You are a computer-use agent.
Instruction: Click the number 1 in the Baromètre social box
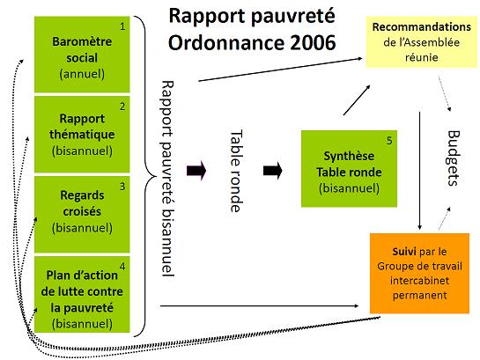122,27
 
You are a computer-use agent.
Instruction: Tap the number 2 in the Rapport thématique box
122,107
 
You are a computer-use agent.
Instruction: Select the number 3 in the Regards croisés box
122,187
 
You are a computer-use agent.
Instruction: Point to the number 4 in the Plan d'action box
122,267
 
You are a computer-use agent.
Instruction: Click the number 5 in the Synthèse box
389,141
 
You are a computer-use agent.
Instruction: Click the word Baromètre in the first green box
82,41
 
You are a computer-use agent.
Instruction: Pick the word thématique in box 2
82,135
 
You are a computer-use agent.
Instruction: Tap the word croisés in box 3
82,211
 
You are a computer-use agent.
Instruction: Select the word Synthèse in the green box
349,157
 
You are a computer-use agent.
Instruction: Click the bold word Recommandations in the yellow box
422,27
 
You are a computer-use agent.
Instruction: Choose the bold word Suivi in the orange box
404,252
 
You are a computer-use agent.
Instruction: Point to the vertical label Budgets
454,158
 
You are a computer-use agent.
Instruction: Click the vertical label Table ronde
236,171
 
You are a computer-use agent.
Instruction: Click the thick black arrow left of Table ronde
196,171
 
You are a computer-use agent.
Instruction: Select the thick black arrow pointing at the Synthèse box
273,171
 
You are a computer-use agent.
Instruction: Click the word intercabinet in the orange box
419,281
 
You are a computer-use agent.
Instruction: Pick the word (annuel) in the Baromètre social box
82,74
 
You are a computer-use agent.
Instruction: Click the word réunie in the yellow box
422,57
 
